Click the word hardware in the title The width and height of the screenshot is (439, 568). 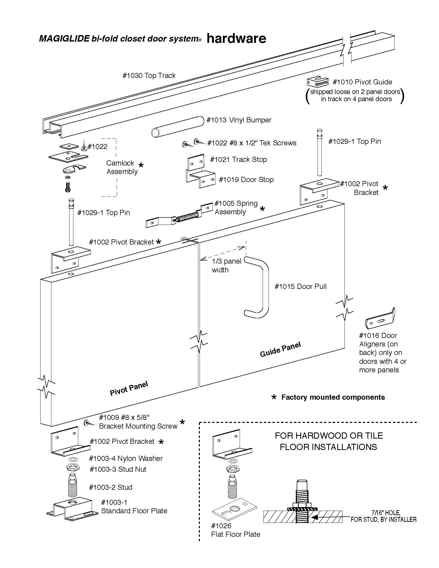(236, 38)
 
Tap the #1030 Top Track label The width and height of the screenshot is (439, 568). (149, 76)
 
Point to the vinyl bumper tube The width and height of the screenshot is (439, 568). (178, 127)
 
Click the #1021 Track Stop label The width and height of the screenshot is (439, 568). (239, 159)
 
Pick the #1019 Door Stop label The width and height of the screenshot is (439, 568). (246, 180)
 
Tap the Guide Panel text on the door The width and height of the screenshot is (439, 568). (280, 350)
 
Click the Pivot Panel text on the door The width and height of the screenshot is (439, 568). (129, 388)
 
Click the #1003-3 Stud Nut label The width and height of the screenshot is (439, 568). (118, 469)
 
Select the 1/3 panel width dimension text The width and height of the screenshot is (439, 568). (226, 265)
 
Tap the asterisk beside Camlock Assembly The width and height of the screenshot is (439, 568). (141, 165)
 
